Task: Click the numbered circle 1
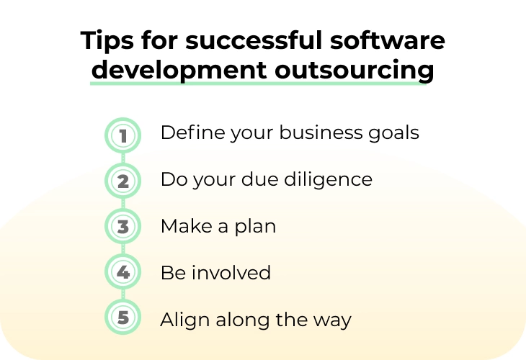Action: tap(122, 135)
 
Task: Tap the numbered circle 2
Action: tap(122, 181)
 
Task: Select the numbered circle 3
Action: tap(122, 226)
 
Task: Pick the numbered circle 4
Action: tap(122, 272)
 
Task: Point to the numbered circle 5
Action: tap(122, 317)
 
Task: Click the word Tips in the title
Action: tap(107, 41)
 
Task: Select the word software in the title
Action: tap(388, 40)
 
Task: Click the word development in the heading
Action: tap(179, 71)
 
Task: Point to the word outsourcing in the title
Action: tap(355, 71)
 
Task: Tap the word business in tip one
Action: tap(321, 132)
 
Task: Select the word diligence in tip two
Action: tap(328, 180)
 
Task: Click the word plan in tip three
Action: tap(255, 228)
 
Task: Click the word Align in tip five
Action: tap(185, 320)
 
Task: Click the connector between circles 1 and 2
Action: tap(122, 158)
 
